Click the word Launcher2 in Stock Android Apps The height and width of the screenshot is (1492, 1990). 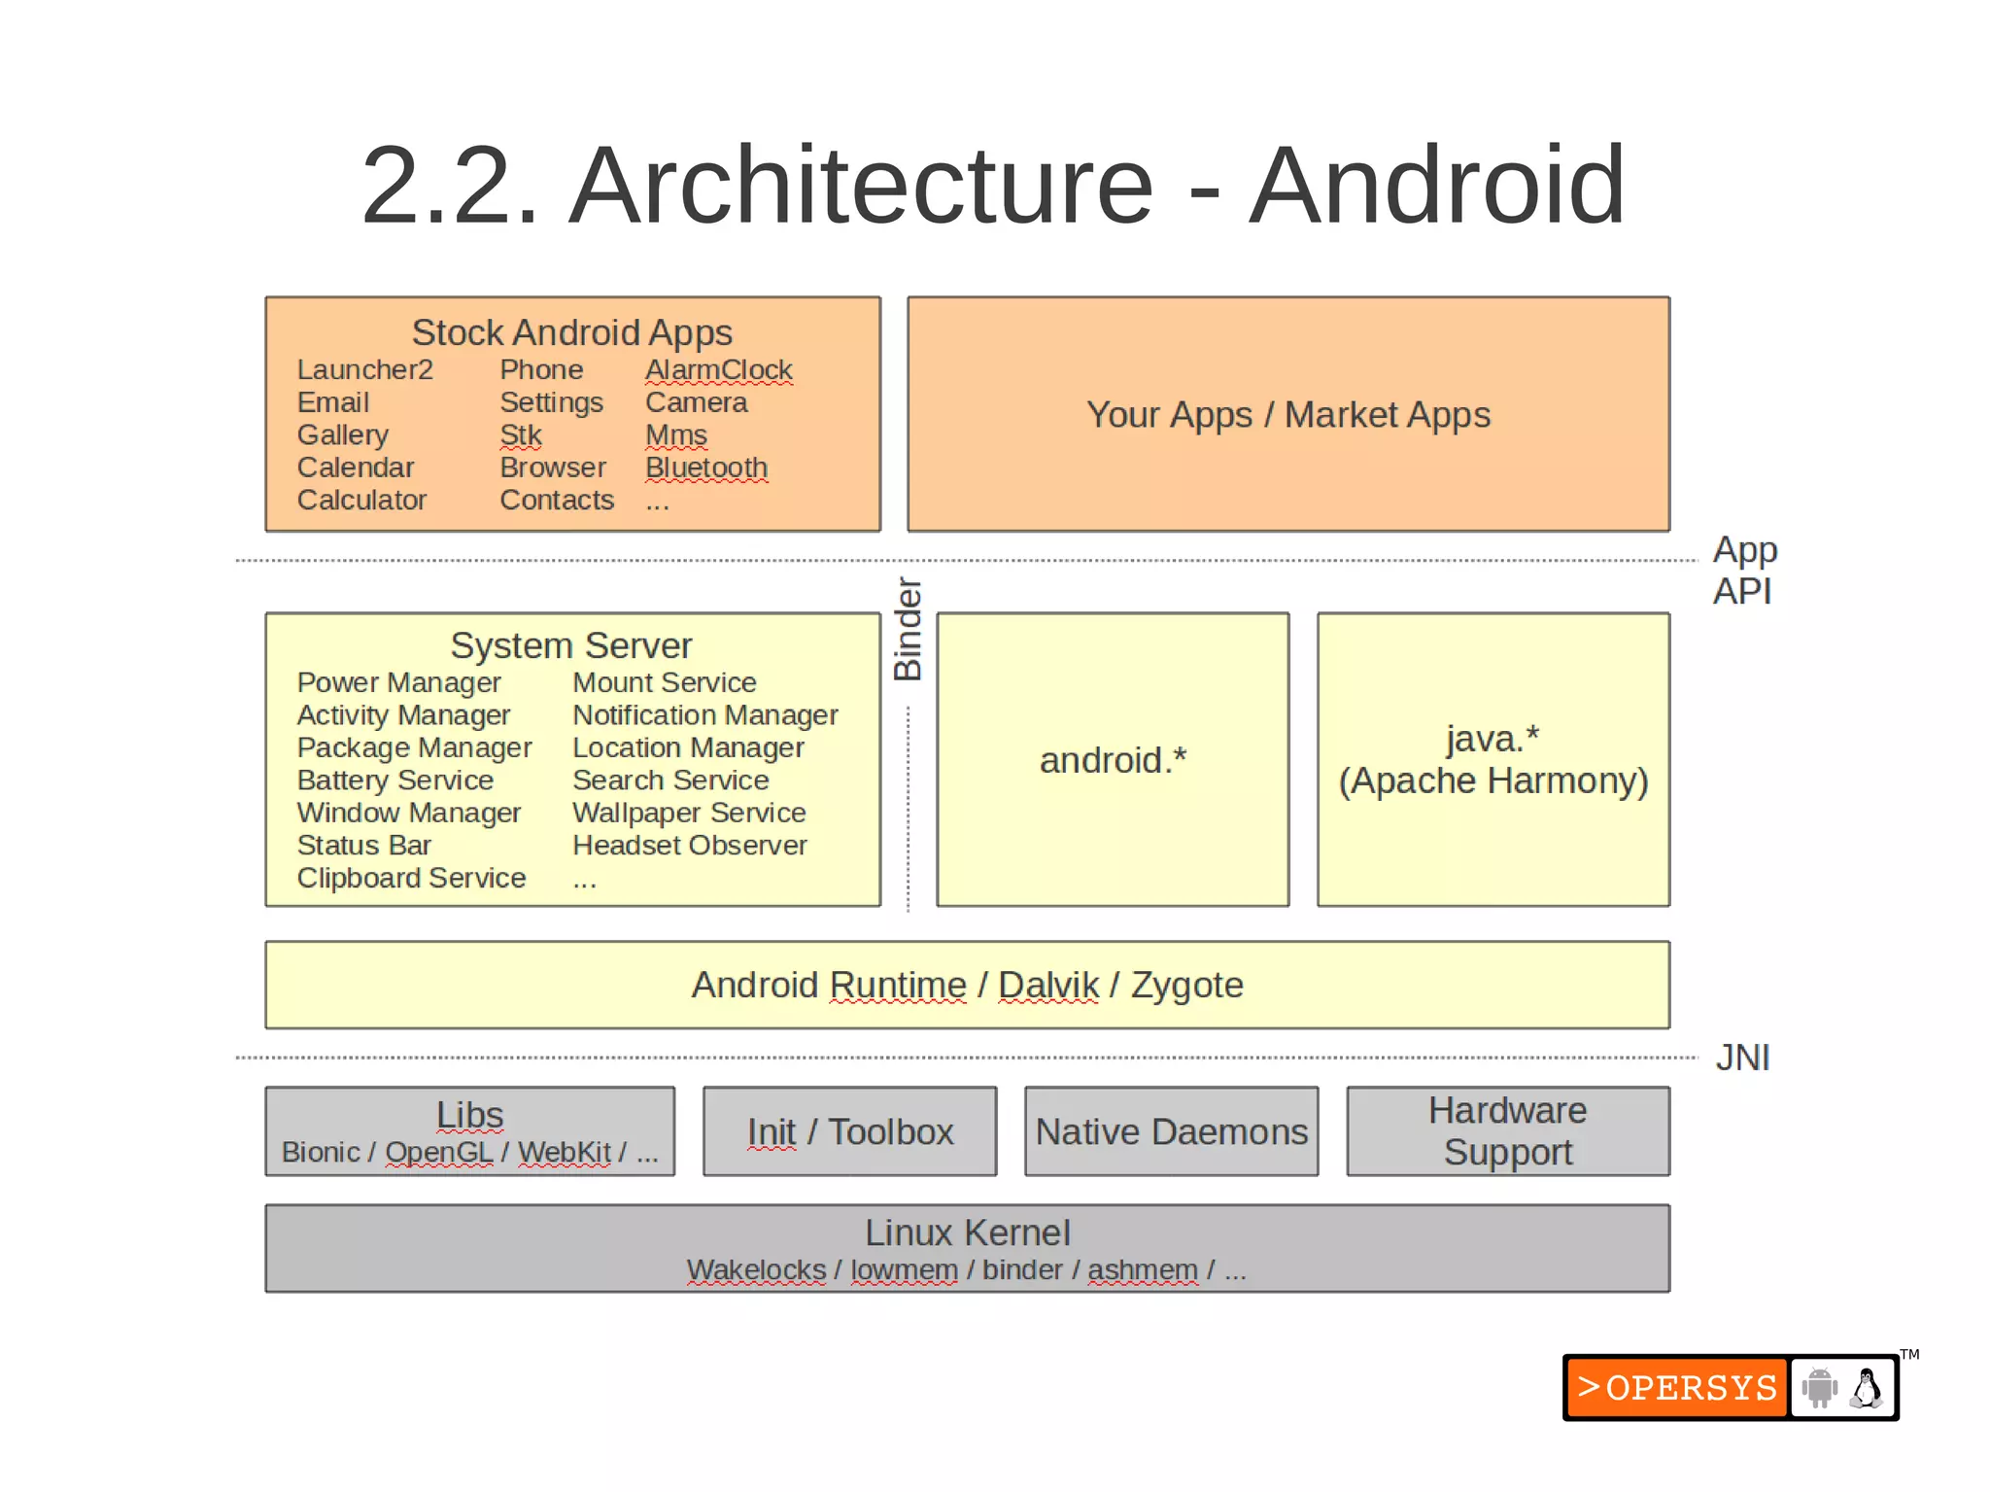(x=364, y=370)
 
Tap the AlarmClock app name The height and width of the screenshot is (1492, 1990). (x=718, y=370)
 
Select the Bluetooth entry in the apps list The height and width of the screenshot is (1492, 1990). (x=706, y=468)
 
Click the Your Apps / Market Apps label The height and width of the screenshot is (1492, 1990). (x=1287, y=415)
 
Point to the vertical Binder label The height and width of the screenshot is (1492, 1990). (x=908, y=629)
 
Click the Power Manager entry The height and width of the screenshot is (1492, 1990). (x=398, y=683)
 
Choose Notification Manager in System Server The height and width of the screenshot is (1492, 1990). (x=704, y=715)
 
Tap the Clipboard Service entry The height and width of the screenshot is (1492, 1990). (x=411, y=879)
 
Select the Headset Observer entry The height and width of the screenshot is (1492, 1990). (x=689, y=846)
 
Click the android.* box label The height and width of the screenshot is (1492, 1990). (x=1113, y=760)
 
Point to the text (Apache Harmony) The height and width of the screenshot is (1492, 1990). (x=1492, y=781)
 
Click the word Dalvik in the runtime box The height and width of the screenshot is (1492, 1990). (x=1047, y=986)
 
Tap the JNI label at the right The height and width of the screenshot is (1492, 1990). (x=1742, y=1058)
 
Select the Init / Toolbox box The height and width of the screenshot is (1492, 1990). (x=850, y=1132)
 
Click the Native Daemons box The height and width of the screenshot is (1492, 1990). (x=1171, y=1132)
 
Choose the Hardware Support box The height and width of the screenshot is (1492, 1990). (x=1507, y=1131)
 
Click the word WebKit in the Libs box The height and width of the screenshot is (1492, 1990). (x=564, y=1153)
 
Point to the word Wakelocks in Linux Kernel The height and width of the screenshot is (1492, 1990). (x=756, y=1270)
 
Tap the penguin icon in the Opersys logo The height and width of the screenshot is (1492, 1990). (x=1865, y=1388)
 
